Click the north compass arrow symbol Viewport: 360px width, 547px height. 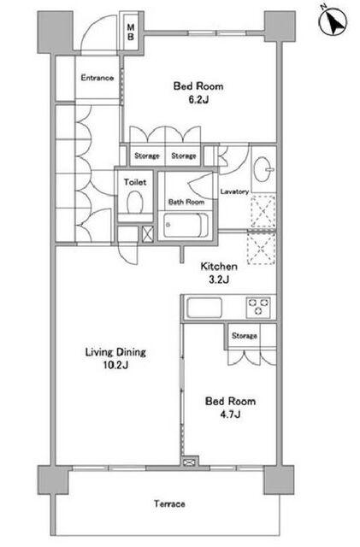coord(333,21)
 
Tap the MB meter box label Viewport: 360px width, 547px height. coord(131,32)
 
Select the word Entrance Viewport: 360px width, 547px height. coord(97,78)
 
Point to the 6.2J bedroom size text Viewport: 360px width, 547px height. coord(198,100)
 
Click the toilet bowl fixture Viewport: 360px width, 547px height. coord(135,202)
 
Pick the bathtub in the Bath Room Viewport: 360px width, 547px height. coord(186,225)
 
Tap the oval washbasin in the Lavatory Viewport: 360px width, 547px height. coord(263,169)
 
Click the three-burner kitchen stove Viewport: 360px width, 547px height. coord(258,307)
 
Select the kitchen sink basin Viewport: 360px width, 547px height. coord(204,308)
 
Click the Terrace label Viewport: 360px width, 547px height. coord(169,503)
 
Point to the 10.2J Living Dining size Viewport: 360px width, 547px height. coord(115,365)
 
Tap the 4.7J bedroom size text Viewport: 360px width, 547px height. coord(230,415)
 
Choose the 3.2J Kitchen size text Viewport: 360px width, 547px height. coord(219,279)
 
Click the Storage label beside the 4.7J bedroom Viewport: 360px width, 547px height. coord(245,336)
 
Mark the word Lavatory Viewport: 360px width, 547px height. coord(234,191)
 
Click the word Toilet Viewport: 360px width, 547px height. coord(135,182)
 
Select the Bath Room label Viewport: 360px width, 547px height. coord(186,202)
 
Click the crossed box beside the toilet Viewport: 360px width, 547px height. coord(148,234)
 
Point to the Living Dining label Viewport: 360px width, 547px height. coord(115,352)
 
